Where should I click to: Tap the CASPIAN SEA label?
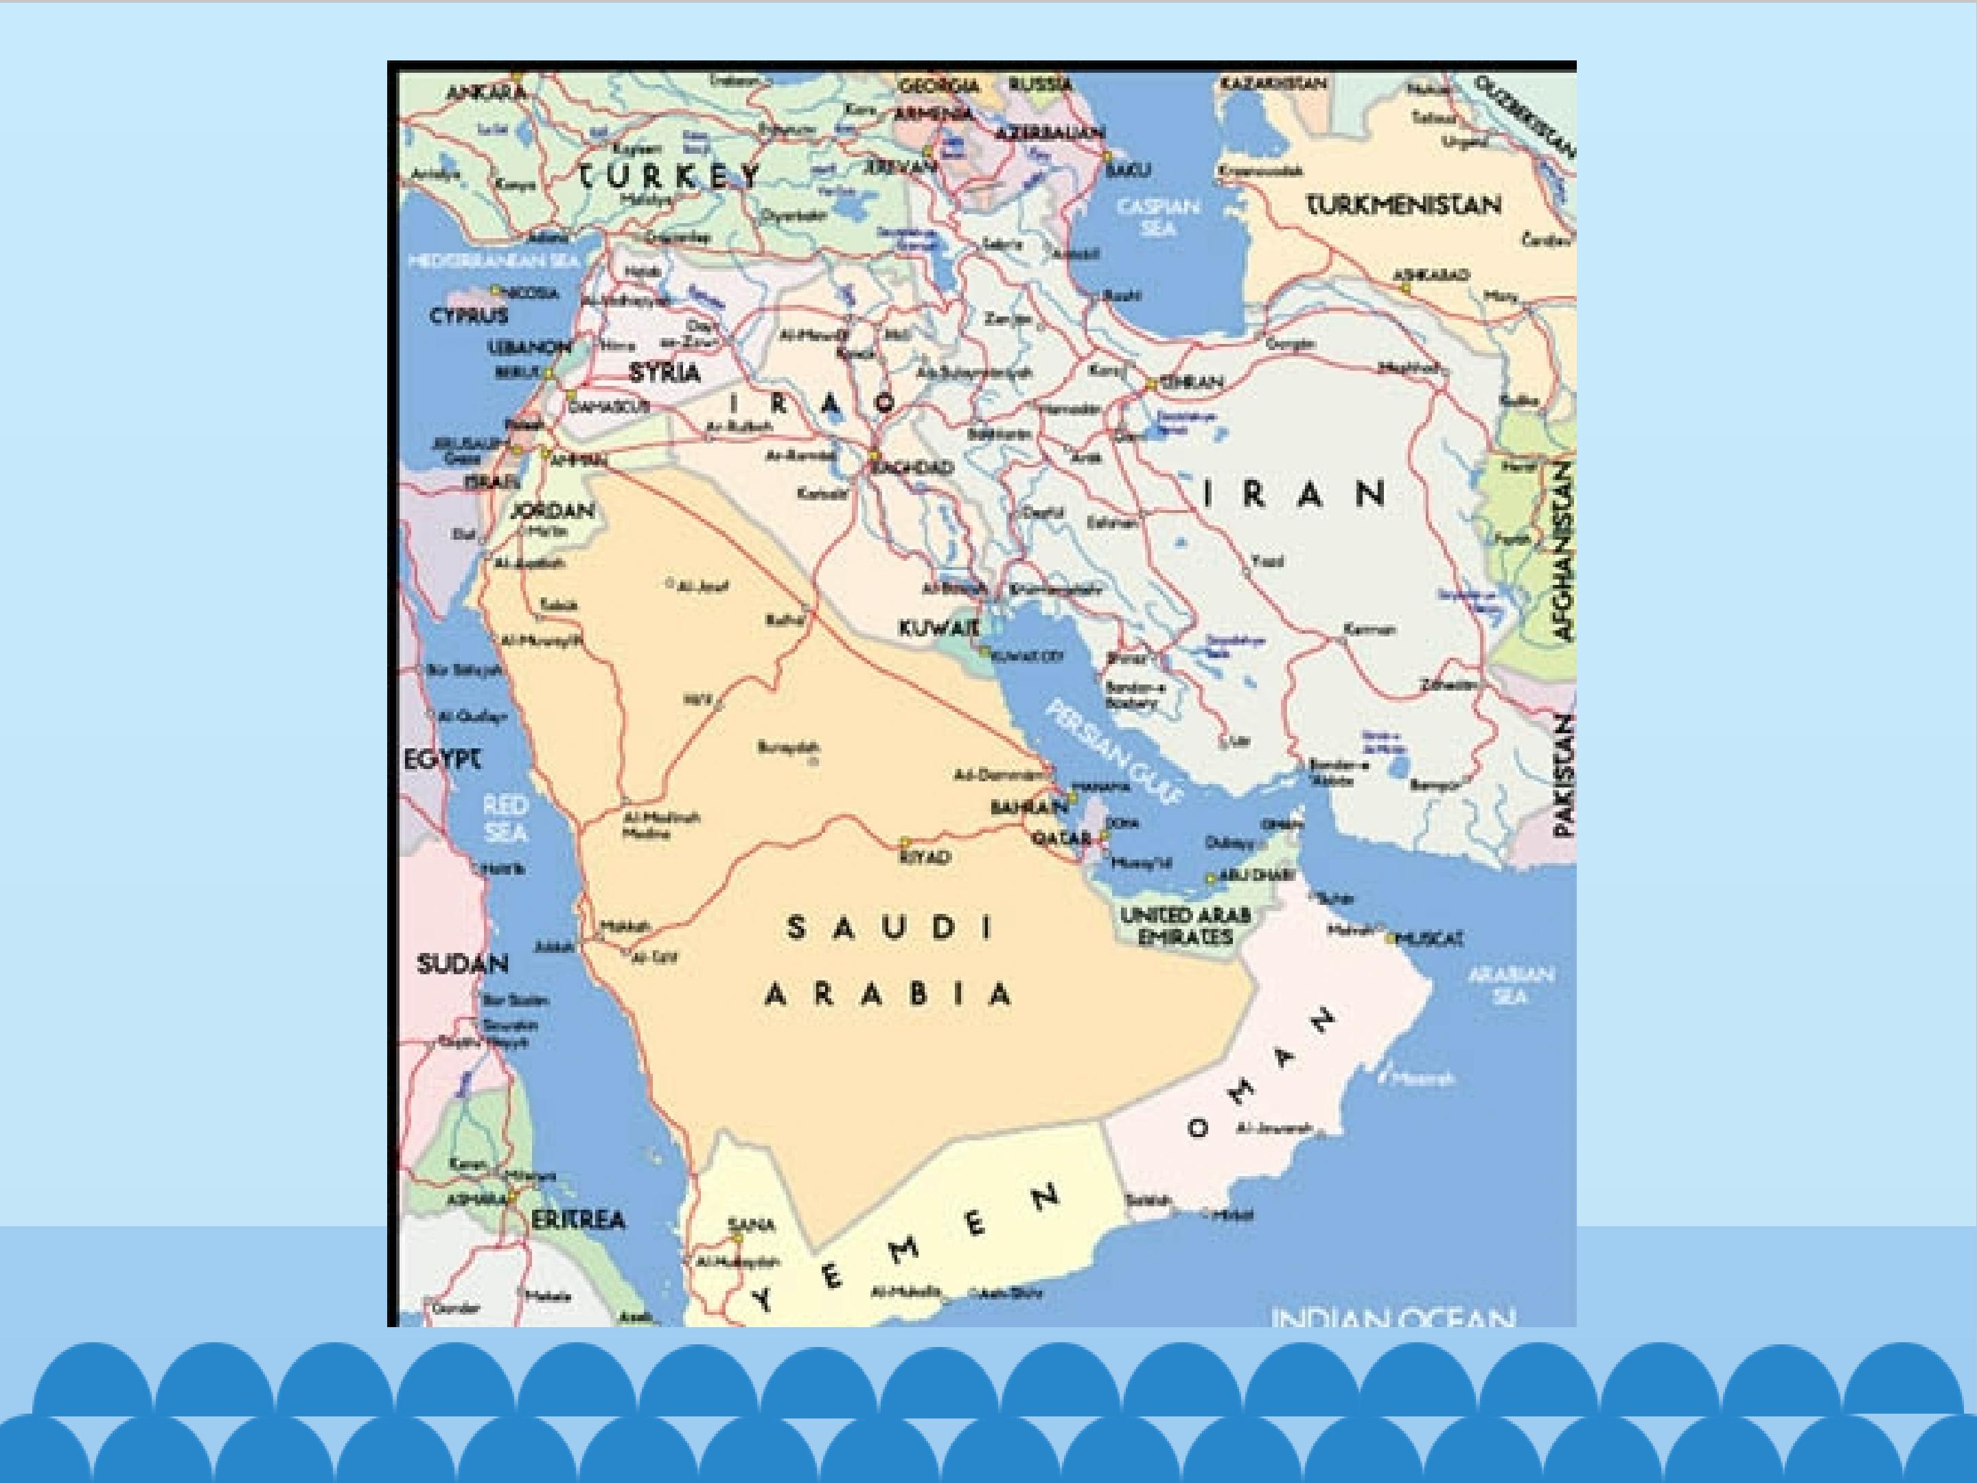[x=1157, y=217]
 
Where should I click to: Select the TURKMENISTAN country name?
[x=1404, y=205]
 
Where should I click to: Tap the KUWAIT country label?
[x=938, y=628]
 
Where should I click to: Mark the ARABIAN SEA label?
[x=1510, y=984]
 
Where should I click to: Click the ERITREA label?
[x=578, y=1219]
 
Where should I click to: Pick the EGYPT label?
[x=442, y=760]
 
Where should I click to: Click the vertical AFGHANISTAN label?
[x=1562, y=551]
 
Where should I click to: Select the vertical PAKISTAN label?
[x=1563, y=774]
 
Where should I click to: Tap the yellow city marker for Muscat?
[x=1390, y=939]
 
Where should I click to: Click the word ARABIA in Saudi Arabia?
[x=888, y=994]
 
